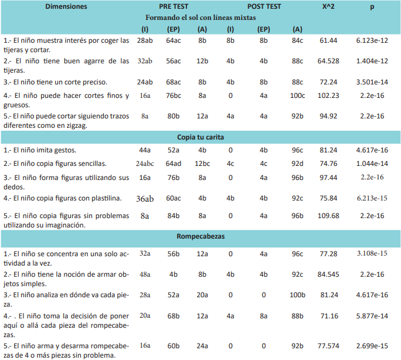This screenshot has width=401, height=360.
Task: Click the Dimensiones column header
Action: click(66, 6)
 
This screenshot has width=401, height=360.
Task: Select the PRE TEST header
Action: click(174, 6)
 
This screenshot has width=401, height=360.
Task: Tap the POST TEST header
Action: click(264, 6)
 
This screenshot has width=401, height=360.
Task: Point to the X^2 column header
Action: click(328, 6)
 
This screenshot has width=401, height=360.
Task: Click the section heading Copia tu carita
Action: click(200, 137)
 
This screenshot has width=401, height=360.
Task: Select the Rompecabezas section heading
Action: click(200, 236)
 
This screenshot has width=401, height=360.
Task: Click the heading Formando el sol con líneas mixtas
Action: click(200, 18)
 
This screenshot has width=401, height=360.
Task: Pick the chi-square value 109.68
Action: click(328, 216)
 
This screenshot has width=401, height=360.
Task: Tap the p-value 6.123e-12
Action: click(372, 40)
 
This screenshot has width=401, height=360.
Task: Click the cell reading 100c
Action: click(297, 96)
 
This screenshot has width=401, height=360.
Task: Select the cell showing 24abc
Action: click(145, 164)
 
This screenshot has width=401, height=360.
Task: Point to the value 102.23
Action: click(328, 96)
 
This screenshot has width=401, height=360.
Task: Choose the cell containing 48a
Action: click(145, 274)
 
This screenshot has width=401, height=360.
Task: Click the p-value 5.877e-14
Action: click(372, 316)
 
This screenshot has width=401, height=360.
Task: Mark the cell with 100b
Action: click(297, 295)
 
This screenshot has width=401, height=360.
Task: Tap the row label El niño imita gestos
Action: click(40, 150)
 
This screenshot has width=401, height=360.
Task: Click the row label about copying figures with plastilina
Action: click(62, 198)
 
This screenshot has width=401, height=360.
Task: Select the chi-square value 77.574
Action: click(328, 346)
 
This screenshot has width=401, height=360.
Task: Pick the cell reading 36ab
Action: click(145, 199)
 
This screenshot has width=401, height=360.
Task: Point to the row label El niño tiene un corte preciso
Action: click(55, 82)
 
